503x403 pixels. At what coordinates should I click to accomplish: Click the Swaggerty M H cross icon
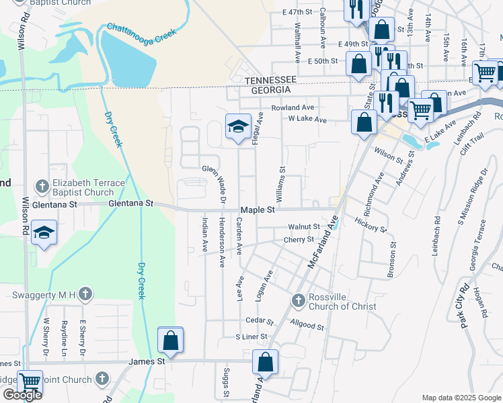85,294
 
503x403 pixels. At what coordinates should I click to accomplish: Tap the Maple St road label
258,210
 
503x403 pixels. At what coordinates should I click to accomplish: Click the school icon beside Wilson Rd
44,232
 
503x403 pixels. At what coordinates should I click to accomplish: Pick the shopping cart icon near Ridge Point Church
30,382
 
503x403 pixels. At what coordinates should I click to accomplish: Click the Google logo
22,395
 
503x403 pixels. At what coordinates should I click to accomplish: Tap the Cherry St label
299,239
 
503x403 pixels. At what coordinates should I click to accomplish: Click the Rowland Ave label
293,107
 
